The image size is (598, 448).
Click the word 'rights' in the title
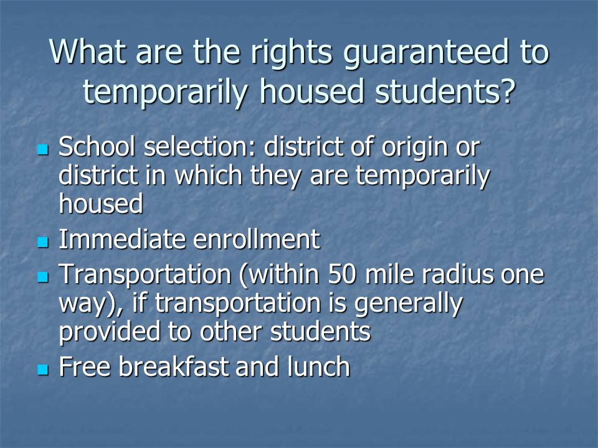pyautogui.click(x=291, y=54)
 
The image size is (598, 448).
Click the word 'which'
pyautogui.click(x=209, y=175)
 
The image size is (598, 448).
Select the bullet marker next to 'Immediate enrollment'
pyautogui.click(x=43, y=241)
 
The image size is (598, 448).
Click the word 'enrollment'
pyautogui.click(x=257, y=239)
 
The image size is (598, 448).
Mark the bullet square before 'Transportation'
pyautogui.click(x=43, y=276)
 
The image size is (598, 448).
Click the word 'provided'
pyautogui.click(x=109, y=332)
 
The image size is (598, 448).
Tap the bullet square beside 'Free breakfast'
pyautogui.click(x=43, y=369)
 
